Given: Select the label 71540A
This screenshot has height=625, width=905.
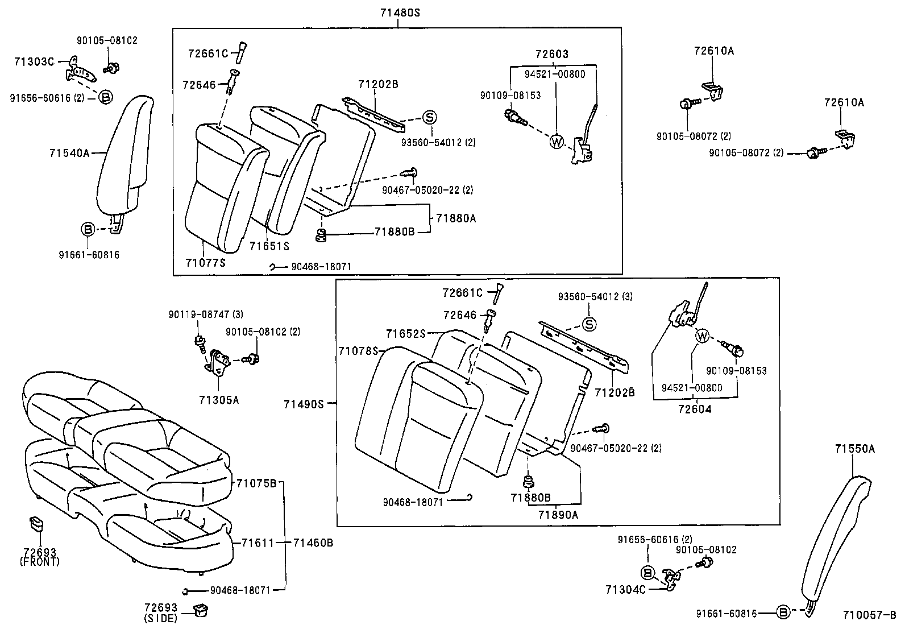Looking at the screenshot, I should pos(69,152).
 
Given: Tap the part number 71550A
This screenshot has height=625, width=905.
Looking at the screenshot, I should pos(854,449).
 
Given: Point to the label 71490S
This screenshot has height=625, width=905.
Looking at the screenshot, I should pos(304,404).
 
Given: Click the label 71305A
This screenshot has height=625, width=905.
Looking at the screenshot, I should pos(219,400).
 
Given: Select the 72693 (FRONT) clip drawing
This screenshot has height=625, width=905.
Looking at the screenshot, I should pos(36,523).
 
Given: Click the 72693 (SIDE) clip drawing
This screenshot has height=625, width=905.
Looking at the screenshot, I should pos(200,610).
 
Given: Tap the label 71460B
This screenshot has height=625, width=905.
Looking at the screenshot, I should pos(313,543).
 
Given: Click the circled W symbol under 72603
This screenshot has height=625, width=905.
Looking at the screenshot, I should pos(556,141).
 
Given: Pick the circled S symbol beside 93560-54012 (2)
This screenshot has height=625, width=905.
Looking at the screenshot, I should pos(429,118).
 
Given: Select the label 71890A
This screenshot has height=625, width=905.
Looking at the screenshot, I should pos(558,514).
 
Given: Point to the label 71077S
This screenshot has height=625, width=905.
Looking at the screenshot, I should pos(205,262).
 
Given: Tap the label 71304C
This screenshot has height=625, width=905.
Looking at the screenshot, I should pos(625,590).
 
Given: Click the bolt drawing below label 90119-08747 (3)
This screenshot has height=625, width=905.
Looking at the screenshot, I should pos(200,342).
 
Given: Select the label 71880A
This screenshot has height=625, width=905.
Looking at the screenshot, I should pos(456,218).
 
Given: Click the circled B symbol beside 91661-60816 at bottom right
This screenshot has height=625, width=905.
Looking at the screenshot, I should pos(783,612).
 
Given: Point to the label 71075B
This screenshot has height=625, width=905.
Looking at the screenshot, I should pos(256,483).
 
